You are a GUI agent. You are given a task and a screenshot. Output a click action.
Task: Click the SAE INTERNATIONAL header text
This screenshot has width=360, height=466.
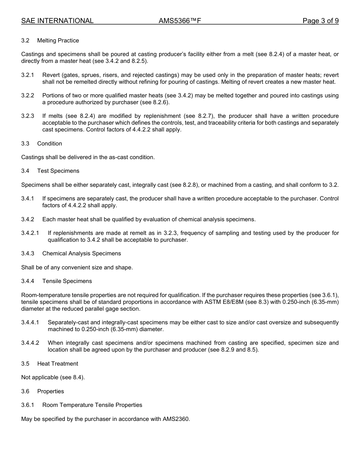click(57, 21)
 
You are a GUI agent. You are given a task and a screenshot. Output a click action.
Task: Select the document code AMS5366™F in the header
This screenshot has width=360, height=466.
click(180, 21)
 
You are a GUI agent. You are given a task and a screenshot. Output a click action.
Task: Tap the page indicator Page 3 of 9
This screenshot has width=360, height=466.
click(320, 21)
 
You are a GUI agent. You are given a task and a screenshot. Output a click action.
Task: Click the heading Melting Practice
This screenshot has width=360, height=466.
click(58, 41)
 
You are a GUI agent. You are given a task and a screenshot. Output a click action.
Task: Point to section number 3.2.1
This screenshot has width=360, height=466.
click(28, 75)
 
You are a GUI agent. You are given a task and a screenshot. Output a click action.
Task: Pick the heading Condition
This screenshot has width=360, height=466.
click(50, 144)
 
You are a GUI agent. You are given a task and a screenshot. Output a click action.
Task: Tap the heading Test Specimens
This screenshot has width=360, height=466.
click(58, 171)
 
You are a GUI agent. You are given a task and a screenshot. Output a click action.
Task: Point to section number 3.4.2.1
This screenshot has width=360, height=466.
click(30, 233)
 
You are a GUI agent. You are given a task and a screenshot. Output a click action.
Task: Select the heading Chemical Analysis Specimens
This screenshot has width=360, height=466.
click(81, 253)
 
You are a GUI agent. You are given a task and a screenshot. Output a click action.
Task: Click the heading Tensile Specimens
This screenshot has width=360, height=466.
click(67, 281)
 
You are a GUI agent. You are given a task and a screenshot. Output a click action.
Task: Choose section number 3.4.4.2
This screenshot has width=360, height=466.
click(30, 343)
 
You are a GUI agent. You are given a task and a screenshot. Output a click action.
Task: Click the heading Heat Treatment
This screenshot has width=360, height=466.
click(58, 364)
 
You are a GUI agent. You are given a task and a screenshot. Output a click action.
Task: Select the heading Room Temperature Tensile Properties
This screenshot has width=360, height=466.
click(92, 405)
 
